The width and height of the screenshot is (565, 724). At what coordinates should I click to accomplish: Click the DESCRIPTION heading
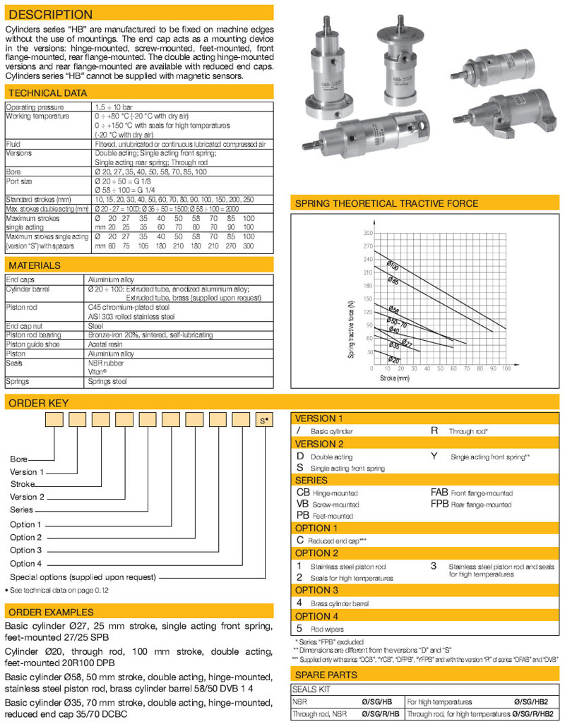point(49,14)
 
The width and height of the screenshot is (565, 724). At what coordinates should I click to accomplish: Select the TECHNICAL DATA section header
point(47,92)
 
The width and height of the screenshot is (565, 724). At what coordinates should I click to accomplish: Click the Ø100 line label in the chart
point(392,267)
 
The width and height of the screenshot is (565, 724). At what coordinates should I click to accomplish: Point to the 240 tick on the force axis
point(368,259)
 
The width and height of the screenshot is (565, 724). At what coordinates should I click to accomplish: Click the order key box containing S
point(264,421)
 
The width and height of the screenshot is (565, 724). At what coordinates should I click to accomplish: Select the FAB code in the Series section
point(439,493)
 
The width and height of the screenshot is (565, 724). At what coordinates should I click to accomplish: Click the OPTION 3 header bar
point(316,590)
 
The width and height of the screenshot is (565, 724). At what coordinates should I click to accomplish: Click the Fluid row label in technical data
point(13,143)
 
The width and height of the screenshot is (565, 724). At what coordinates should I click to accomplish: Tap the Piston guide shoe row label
point(30,344)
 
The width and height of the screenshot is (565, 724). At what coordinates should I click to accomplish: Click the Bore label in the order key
point(18,459)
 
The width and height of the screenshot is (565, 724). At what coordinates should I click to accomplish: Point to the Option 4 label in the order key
point(25,564)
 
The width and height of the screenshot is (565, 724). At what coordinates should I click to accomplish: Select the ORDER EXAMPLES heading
point(49,612)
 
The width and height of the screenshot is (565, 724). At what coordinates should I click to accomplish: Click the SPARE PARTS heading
point(326,675)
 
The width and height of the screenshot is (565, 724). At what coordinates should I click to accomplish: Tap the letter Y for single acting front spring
point(434,456)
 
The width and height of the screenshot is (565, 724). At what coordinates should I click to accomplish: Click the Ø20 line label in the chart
point(394,359)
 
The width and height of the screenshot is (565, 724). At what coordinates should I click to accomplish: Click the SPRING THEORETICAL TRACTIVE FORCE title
point(386,204)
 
